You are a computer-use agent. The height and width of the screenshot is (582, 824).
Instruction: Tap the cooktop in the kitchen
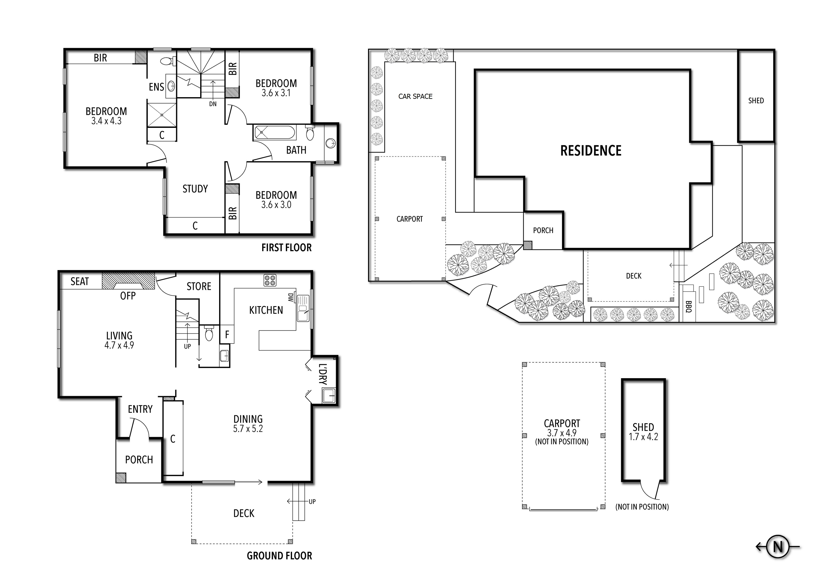(270, 280)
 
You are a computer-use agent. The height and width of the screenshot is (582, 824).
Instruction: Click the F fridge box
(227, 334)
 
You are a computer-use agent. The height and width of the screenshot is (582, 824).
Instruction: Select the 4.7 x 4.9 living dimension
(119, 345)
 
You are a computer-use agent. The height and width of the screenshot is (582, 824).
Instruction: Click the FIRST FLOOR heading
(286, 248)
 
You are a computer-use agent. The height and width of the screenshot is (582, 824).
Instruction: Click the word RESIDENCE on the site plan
(591, 151)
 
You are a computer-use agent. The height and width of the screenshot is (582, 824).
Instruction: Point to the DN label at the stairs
(213, 104)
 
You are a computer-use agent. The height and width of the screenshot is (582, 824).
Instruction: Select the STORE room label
(199, 286)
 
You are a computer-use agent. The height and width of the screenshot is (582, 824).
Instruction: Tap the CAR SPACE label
(415, 96)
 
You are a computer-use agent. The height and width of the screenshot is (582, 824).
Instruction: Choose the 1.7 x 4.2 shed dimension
(643, 437)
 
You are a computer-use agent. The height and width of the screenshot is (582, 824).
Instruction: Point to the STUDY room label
(195, 189)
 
